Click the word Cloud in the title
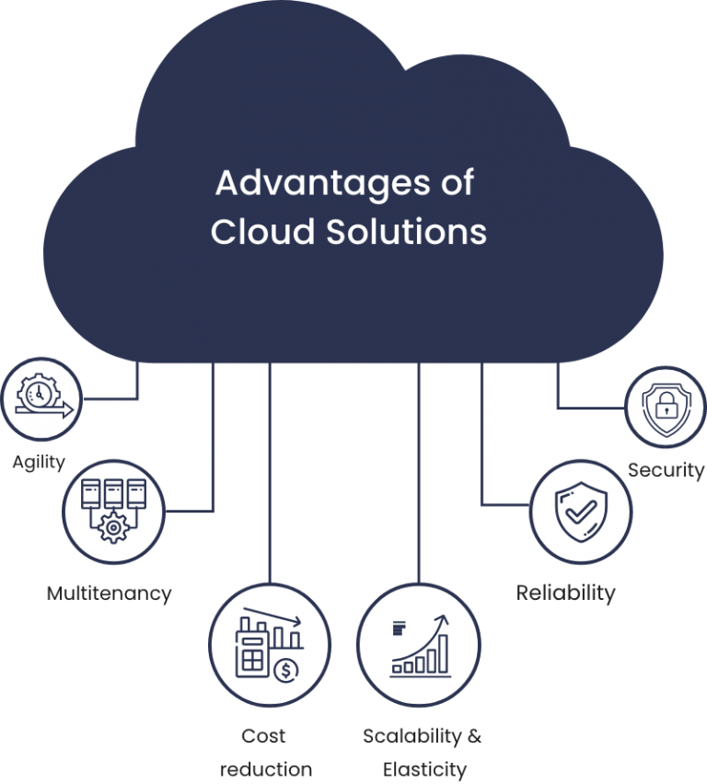coord(262,231)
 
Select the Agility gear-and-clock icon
coord(40,398)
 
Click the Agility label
coord(39,462)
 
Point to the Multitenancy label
coord(109,594)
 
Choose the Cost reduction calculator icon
coord(269,644)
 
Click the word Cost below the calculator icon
coord(264,736)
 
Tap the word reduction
coord(266,768)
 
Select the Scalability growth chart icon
coord(419,644)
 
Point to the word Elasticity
coord(424,768)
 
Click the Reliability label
coord(565,593)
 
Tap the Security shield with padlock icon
coord(665,407)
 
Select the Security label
coord(666,470)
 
